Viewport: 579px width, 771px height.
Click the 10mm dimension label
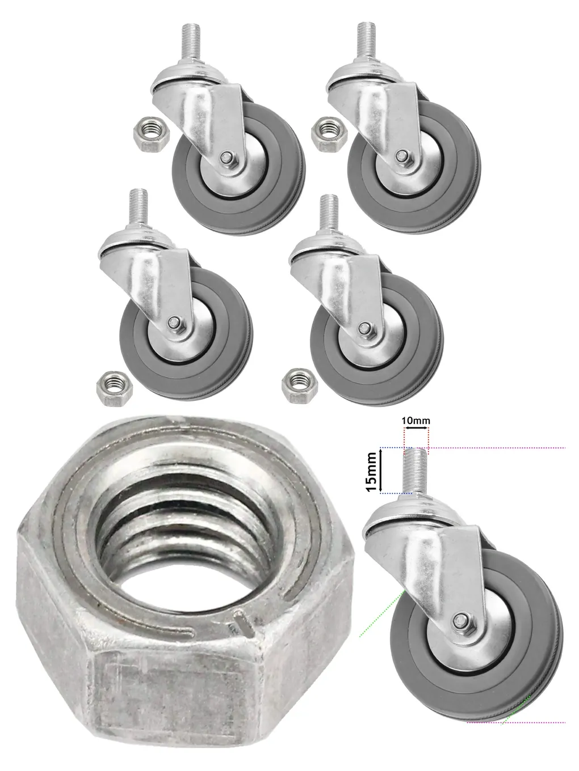(416, 421)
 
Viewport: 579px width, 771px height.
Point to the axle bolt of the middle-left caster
(173, 324)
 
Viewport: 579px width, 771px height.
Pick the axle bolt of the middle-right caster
(363, 327)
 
